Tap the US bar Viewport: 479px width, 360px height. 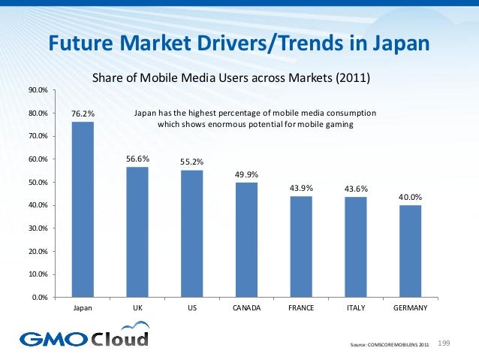click(x=191, y=233)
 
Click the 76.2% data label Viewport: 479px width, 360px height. click(x=82, y=114)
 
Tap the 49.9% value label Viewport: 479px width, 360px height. click(x=246, y=174)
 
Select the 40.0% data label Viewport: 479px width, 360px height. click(x=410, y=197)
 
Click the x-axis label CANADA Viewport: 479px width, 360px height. click(x=246, y=309)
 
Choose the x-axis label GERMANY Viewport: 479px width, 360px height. click(x=410, y=309)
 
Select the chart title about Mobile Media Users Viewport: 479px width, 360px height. click(x=231, y=77)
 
